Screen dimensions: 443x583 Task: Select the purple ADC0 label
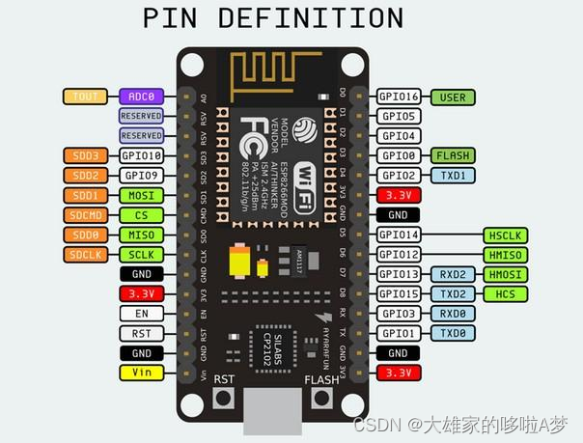click(141, 97)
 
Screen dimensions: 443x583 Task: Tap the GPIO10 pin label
click(141, 155)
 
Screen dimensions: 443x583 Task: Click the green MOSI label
click(141, 195)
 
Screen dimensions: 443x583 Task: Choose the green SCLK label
click(141, 254)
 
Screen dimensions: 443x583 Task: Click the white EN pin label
click(141, 313)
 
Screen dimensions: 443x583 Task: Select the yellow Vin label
click(141, 372)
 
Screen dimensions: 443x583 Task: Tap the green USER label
click(453, 97)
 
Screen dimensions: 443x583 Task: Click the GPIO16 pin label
click(399, 97)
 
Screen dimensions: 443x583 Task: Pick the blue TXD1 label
click(453, 175)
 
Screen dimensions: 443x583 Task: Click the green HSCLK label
click(506, 235)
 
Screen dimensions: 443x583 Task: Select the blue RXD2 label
click(453, 274)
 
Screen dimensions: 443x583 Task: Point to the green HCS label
click(506, 293)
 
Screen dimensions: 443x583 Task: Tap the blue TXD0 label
click(453, 332)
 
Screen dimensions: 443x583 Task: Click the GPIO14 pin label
click(399, 235)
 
